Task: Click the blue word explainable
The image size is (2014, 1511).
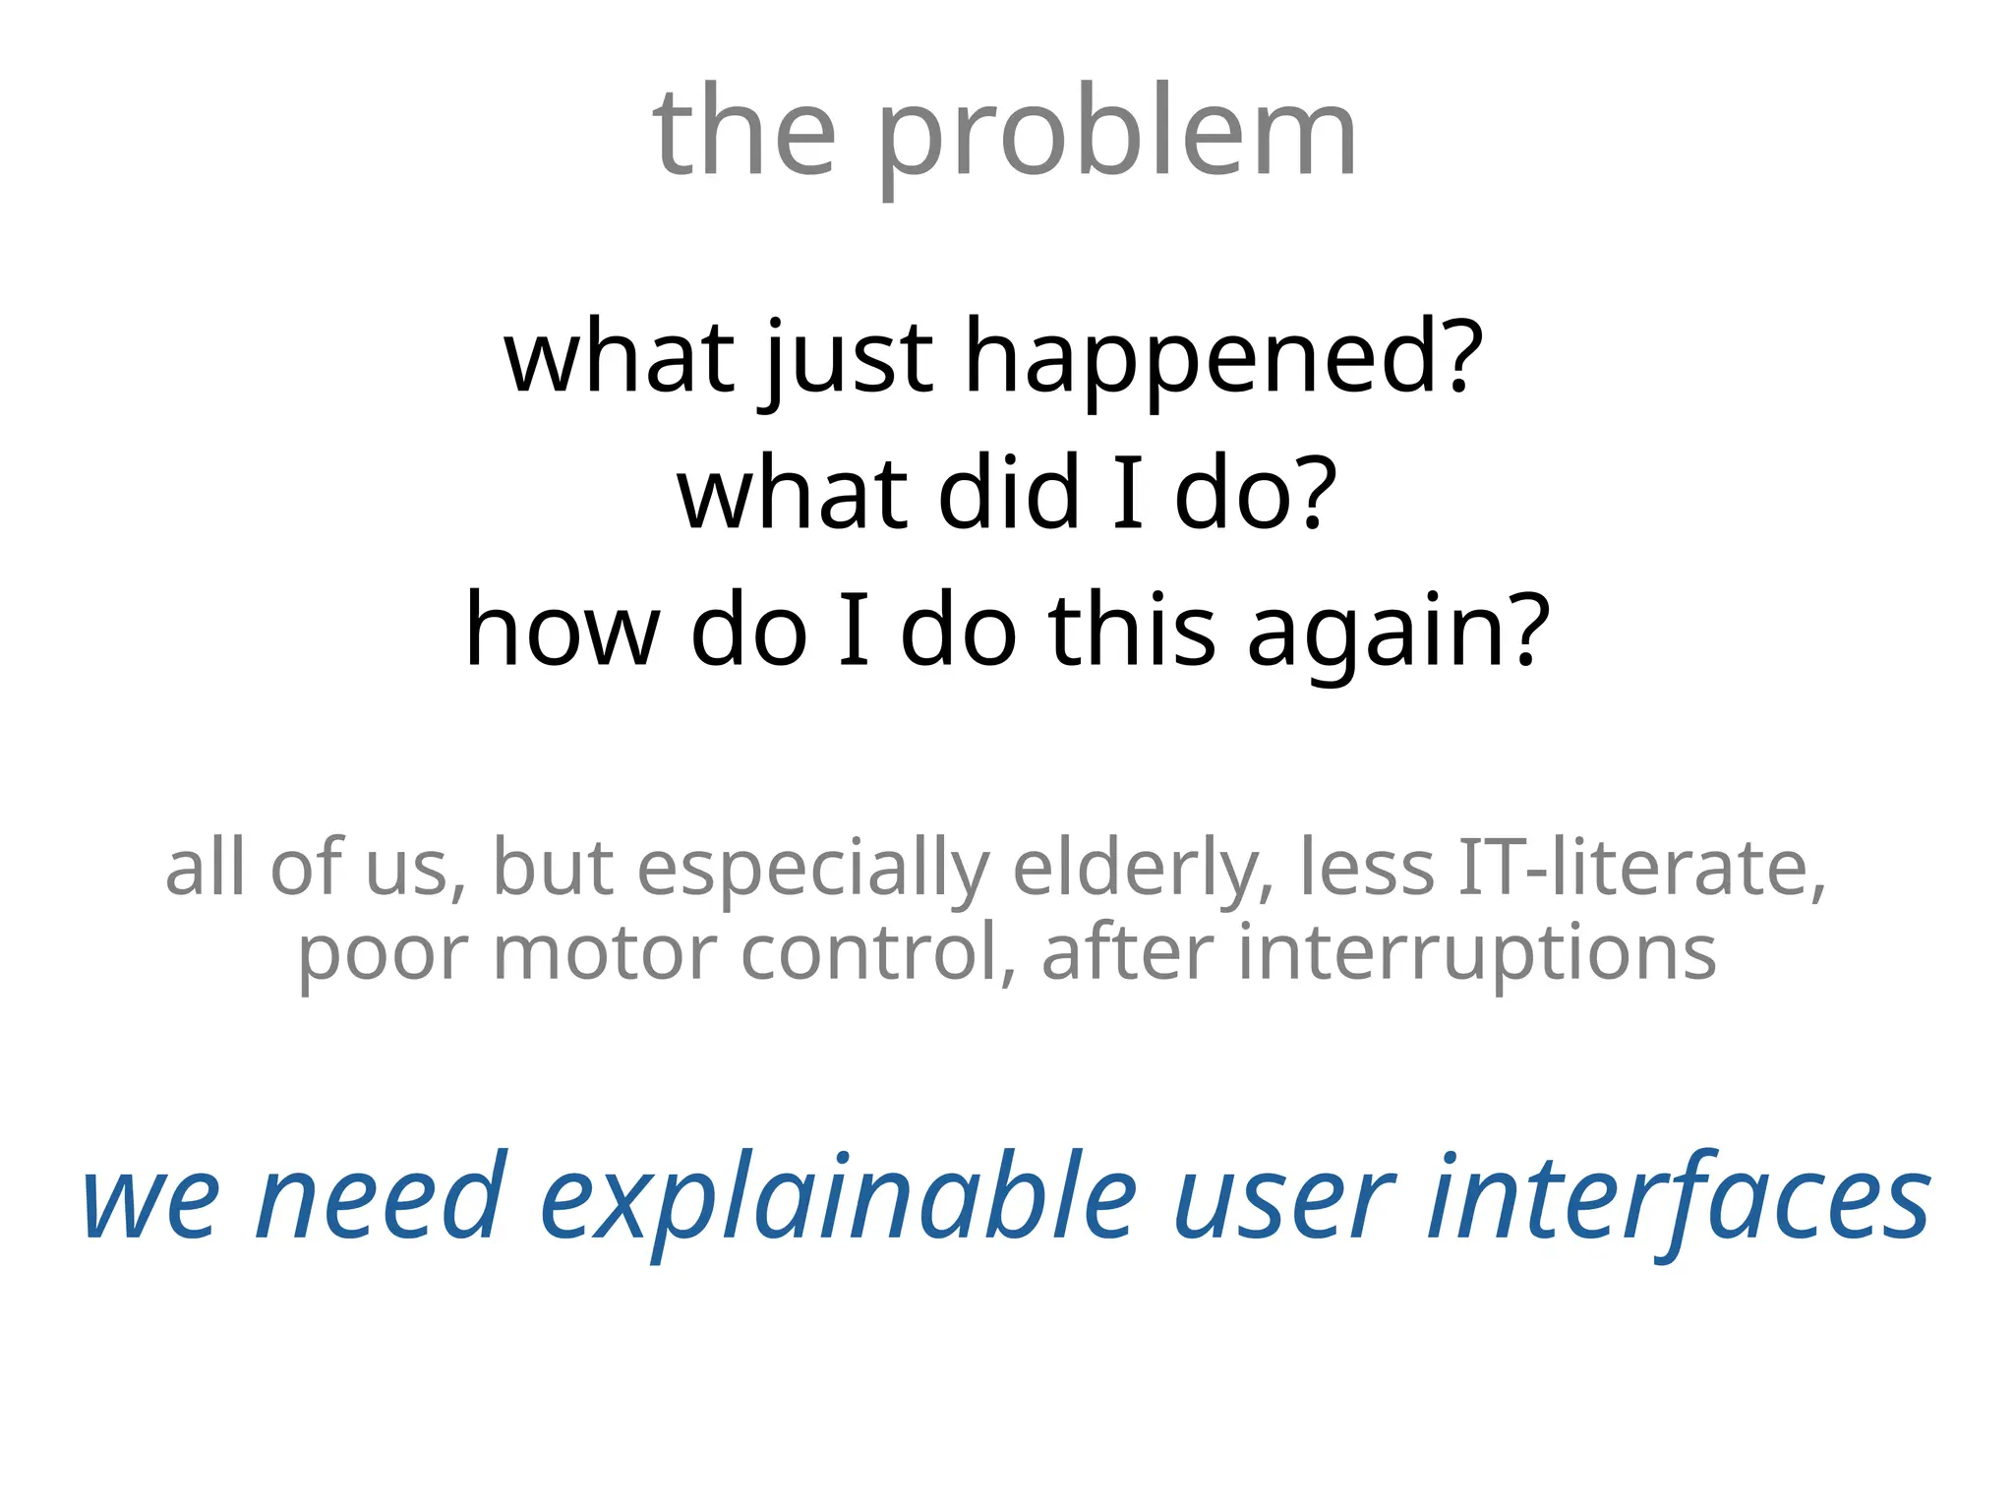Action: [838, 1199]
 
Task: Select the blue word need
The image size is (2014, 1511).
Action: [380, 1199]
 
